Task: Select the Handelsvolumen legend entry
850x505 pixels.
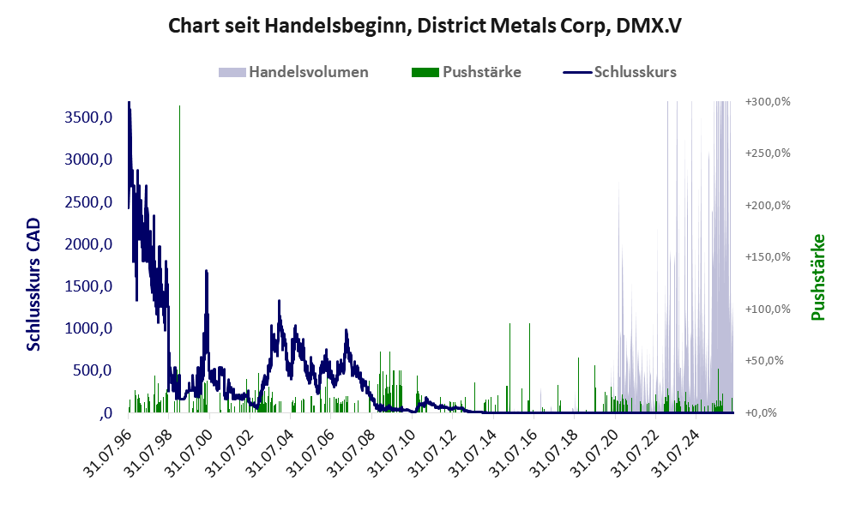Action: click(293, 72)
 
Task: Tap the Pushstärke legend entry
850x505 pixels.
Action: click(467, 72)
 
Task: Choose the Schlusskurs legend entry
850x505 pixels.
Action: click(619, 72)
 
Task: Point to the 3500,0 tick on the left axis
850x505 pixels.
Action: click(88, 117)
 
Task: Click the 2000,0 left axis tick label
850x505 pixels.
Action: click(88, 243)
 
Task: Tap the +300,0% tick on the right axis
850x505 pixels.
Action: click(768, 101)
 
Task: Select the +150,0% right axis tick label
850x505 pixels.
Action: click(768, 257)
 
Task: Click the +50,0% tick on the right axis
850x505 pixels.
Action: click(764, 360)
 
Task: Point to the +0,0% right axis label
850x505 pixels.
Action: click(761, 413)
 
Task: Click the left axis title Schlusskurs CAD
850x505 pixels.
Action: click(33, 285)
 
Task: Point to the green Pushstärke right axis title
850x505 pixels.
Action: click(818, 278)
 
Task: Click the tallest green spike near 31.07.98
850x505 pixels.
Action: click(179, 259)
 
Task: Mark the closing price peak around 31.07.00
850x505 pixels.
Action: click(206, 271)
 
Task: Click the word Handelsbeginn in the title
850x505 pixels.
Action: click(338, 26)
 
